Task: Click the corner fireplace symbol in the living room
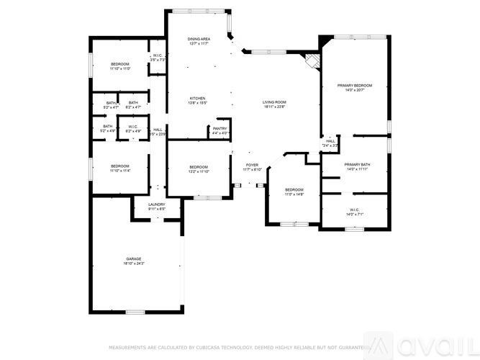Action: click(x=311, y=60)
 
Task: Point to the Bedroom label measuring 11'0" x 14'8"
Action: click(x=294, y=192)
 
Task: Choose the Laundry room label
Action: click(x=156, y=206)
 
